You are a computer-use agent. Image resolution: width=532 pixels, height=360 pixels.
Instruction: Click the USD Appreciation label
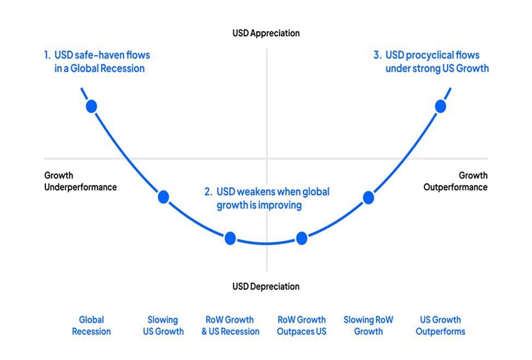point(266,33)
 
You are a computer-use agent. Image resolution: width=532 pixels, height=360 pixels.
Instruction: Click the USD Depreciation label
point(266,286)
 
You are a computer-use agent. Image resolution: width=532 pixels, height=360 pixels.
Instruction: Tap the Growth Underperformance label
point(80,182)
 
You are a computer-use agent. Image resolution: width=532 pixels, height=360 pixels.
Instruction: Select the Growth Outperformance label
point(455,182)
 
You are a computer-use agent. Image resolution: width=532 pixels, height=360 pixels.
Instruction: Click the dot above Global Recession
point(91,106)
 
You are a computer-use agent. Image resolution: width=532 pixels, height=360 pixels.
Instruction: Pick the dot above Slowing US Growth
point(163,197)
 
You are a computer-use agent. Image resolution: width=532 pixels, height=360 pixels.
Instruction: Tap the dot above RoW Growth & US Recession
point(230,238)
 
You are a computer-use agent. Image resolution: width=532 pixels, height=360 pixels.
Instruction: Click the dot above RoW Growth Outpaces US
point(301,238)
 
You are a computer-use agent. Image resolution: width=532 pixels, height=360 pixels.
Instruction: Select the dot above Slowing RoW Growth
point(368,197)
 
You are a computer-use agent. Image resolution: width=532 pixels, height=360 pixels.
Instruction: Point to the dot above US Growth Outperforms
point(440,106)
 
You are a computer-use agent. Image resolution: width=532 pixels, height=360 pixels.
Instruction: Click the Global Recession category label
point(91,326)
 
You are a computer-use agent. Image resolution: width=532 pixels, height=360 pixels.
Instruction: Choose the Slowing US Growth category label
point(163,326)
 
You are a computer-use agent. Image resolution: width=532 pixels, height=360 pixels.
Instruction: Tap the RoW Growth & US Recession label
point(230,326)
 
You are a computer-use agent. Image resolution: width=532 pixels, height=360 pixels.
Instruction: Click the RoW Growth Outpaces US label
point(301,326)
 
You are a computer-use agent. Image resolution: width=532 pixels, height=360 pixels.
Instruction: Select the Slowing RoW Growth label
point(368,326)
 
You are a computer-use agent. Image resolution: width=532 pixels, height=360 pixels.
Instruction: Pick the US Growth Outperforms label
point(440,326)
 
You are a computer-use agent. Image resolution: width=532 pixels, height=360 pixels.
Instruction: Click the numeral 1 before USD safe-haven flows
point(47,55)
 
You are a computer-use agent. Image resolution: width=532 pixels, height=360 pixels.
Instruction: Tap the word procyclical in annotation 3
point(427,55)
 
